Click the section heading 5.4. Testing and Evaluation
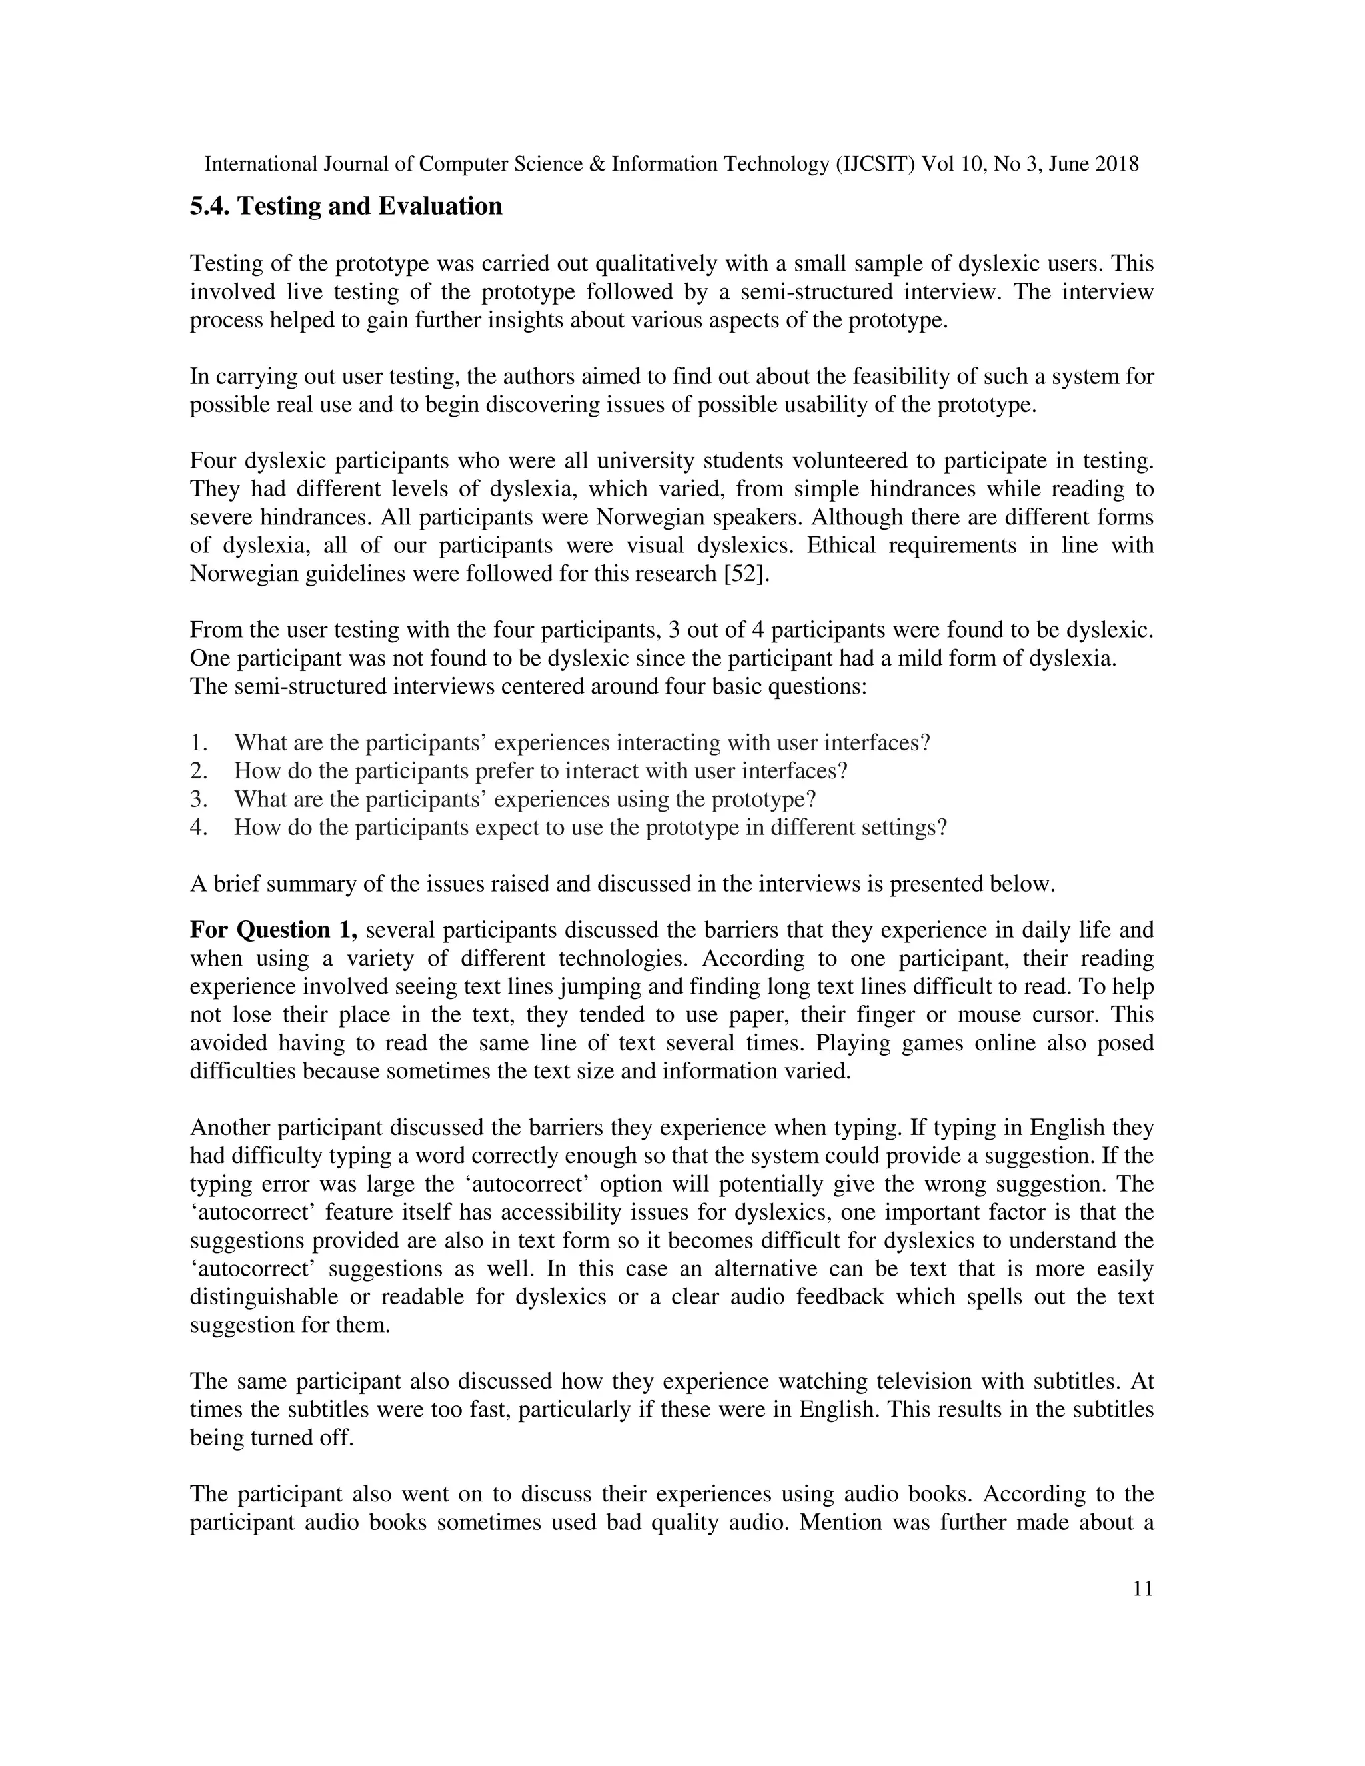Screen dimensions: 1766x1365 coord(345,206)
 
